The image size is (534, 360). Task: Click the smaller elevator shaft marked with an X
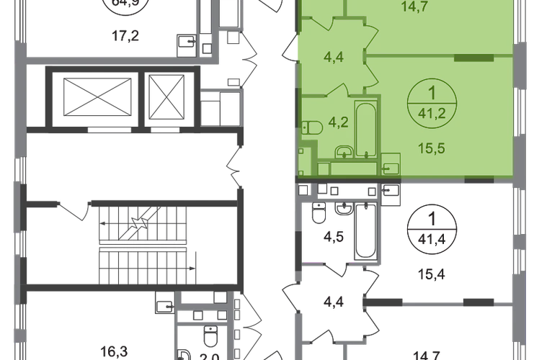(x=166, y=94)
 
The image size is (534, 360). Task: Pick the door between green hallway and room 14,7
(x=373, y=32)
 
